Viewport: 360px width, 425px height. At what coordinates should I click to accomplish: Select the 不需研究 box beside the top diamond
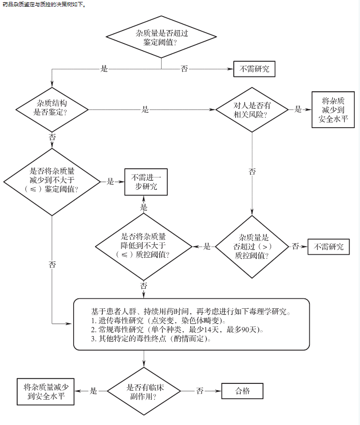coord(254,69)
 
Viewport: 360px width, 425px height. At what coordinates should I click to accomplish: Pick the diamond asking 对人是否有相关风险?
coord(252,109)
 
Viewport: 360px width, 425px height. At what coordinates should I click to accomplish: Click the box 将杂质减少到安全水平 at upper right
coord(333,109)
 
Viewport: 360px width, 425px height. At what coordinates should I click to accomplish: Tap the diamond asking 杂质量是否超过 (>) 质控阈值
coord(252,247)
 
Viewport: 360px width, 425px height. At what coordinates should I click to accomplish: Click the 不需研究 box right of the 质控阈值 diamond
coord(328,247)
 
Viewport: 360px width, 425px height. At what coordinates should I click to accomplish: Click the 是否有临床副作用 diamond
coord(144,391)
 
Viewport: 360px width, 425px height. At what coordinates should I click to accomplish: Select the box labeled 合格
coord(242,391)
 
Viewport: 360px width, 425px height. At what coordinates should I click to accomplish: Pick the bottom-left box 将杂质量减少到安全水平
coord(45,391)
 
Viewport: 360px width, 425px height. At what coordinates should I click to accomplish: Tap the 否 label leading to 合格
coord(200,391)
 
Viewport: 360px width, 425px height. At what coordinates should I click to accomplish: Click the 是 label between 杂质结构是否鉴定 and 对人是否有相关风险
coord(145,109)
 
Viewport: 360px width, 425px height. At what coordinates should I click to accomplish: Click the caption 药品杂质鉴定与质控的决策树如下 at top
coord(43,4)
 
